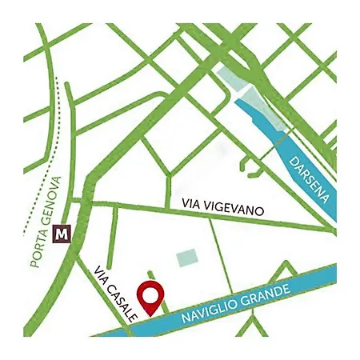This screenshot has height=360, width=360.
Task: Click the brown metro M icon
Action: point(62,234)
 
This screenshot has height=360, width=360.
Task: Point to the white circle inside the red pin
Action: point(150,293)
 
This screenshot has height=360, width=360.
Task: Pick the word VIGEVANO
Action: point(239,210)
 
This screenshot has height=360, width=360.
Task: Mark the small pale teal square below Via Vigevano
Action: point(186,257)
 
